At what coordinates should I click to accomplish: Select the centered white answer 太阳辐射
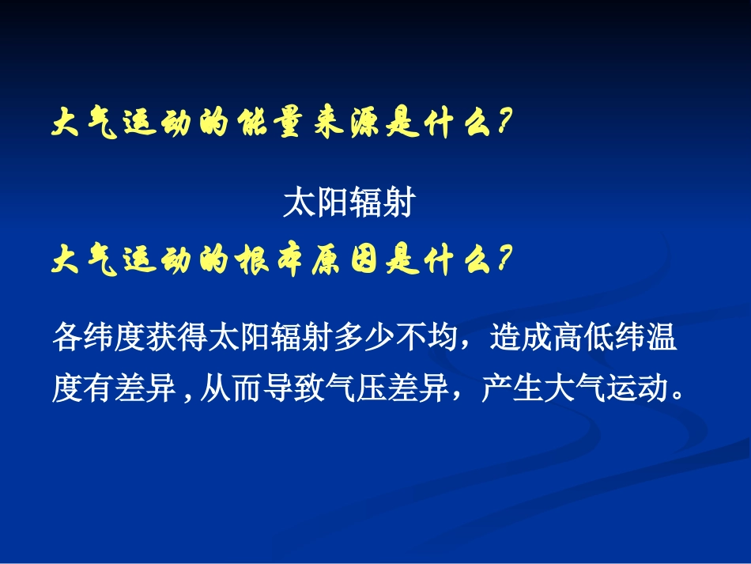(x=348, y=205)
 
